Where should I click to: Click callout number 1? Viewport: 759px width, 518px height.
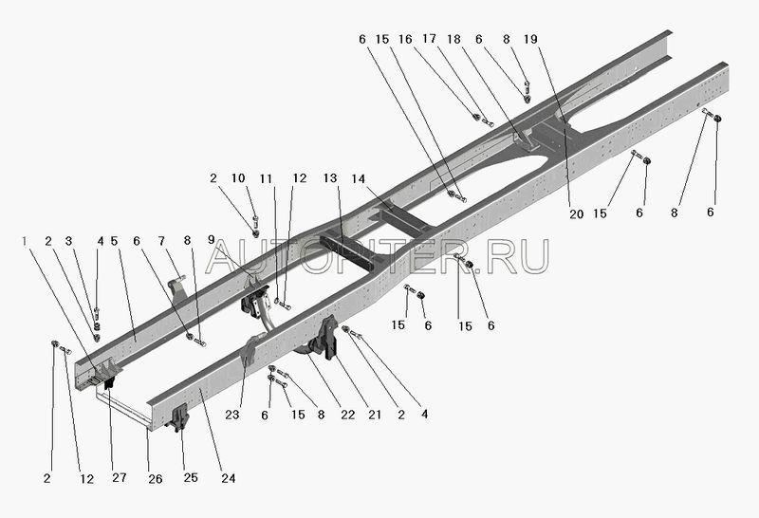pyautogui.click(x=26, y=241)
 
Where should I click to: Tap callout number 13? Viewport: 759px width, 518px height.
pyautogui.click(x=330, y=177)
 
